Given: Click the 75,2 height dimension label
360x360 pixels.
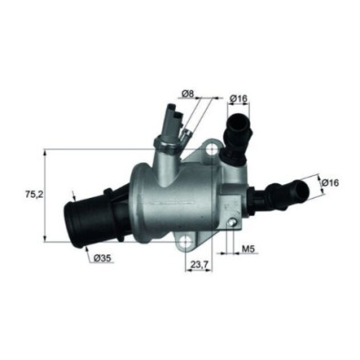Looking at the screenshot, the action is [x=34, y=195].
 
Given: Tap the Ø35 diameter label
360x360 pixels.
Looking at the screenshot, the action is [x=103, y=258].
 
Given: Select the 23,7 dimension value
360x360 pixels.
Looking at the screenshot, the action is [x=199, y=265].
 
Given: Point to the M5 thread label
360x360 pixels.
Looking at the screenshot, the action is [x=248, y=249].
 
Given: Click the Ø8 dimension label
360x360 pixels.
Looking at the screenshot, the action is [x=188, y=94].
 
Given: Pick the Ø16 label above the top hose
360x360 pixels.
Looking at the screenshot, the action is [x=239, y=98].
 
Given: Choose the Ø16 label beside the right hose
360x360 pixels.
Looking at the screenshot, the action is [x=329, y=182].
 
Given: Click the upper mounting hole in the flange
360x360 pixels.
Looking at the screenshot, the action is [x=212, y=149].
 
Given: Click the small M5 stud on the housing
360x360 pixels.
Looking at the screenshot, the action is [x=231, y=222].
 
